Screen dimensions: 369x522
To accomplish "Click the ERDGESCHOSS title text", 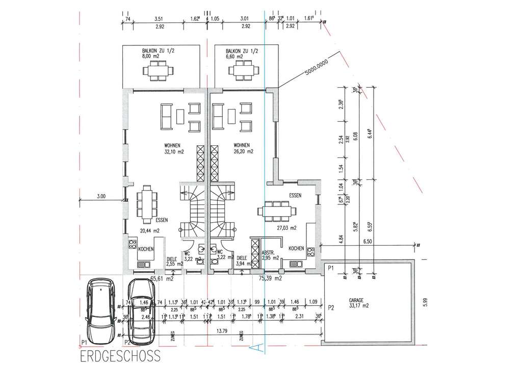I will coord(120,355).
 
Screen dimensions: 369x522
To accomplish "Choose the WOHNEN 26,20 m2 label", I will coord(243,147).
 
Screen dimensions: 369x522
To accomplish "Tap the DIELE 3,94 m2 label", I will coord(242,260).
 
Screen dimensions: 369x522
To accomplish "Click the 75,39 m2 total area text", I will coord(271,279).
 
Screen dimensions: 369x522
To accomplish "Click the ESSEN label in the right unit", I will coord(295,195).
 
